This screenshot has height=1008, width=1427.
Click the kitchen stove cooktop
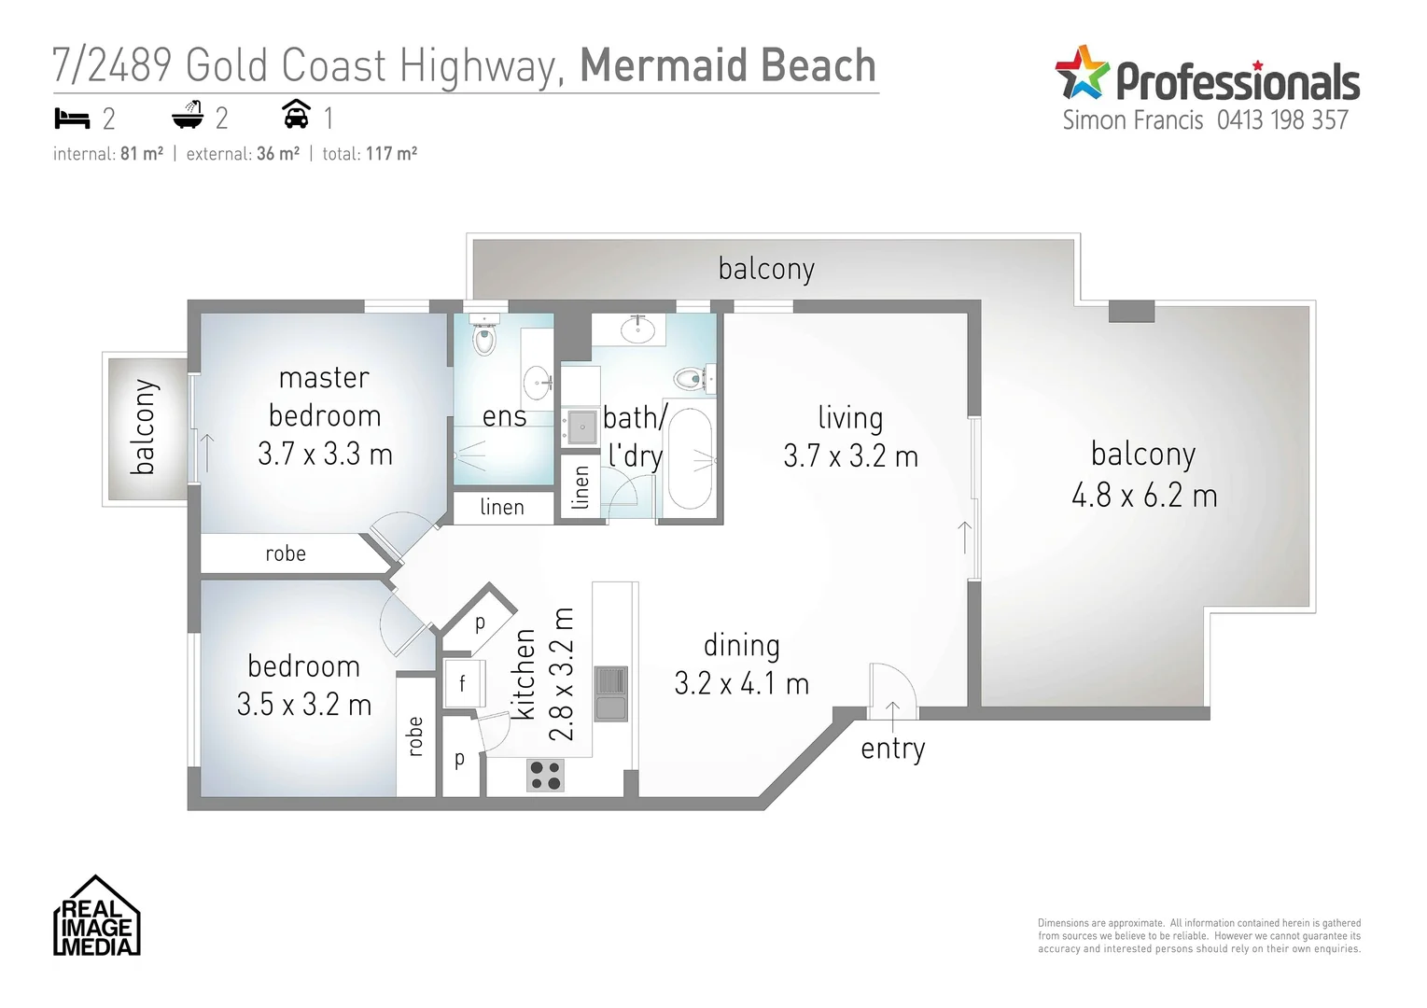pos(545,776)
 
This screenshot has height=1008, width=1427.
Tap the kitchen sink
pos(610,693)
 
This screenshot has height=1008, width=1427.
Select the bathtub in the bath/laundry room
pos(691,458)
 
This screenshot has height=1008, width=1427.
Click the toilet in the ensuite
pos(483,338)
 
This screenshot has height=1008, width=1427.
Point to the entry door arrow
pos(893,714)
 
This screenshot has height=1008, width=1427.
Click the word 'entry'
pos(892,749)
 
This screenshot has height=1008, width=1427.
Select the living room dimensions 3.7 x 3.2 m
pos(850,456)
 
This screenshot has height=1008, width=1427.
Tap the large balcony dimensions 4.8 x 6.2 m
pos(1144,496)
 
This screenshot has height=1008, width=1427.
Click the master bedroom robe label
pos(286,553)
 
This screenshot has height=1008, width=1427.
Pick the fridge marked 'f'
pos(463,684)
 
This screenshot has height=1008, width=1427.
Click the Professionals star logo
pos(1082,73)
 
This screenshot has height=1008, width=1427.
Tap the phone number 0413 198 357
pos(1282,120)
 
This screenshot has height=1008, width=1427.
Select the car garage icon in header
pos(296,115)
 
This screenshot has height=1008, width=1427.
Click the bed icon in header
pos(72,118)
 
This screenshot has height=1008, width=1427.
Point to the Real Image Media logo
pos(96,917)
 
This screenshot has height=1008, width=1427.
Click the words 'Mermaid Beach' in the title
pos(728,65)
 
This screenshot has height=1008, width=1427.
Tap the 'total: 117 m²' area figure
pos(370,154)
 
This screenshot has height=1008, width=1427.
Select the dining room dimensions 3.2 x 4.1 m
pos(741,684)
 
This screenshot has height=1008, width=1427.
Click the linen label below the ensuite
pos(502,508)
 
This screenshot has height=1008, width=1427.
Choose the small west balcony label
pos(144,427)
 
